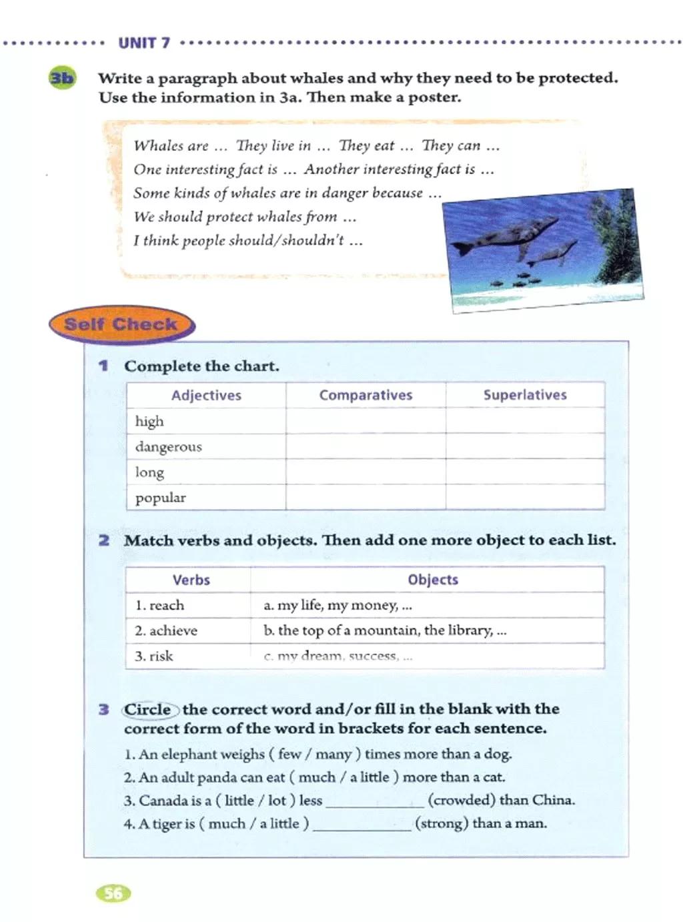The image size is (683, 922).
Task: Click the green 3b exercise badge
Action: [62, 78]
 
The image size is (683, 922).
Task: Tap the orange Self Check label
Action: [121, 325]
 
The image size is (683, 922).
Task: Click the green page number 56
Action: [114, 893]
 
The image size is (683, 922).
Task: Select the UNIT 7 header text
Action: [144, 43]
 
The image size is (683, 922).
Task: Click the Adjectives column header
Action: [206, 395]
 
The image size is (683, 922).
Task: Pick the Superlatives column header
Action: [525, 395]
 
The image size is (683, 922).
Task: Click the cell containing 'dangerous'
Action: [206, 446]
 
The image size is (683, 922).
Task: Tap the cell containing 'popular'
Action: [206, 498]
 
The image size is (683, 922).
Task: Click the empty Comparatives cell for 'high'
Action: [366, 421]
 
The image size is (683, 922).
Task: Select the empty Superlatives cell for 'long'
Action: [525, 472]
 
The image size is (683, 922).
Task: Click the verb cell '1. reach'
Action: [188, 605]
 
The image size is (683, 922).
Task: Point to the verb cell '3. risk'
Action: [188, 656]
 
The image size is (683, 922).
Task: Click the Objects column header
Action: [433, 580]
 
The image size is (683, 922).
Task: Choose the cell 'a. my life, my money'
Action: [428, 605]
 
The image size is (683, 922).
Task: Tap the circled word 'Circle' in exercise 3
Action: [148, 709]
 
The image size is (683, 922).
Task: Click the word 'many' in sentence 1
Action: [333, 755]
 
